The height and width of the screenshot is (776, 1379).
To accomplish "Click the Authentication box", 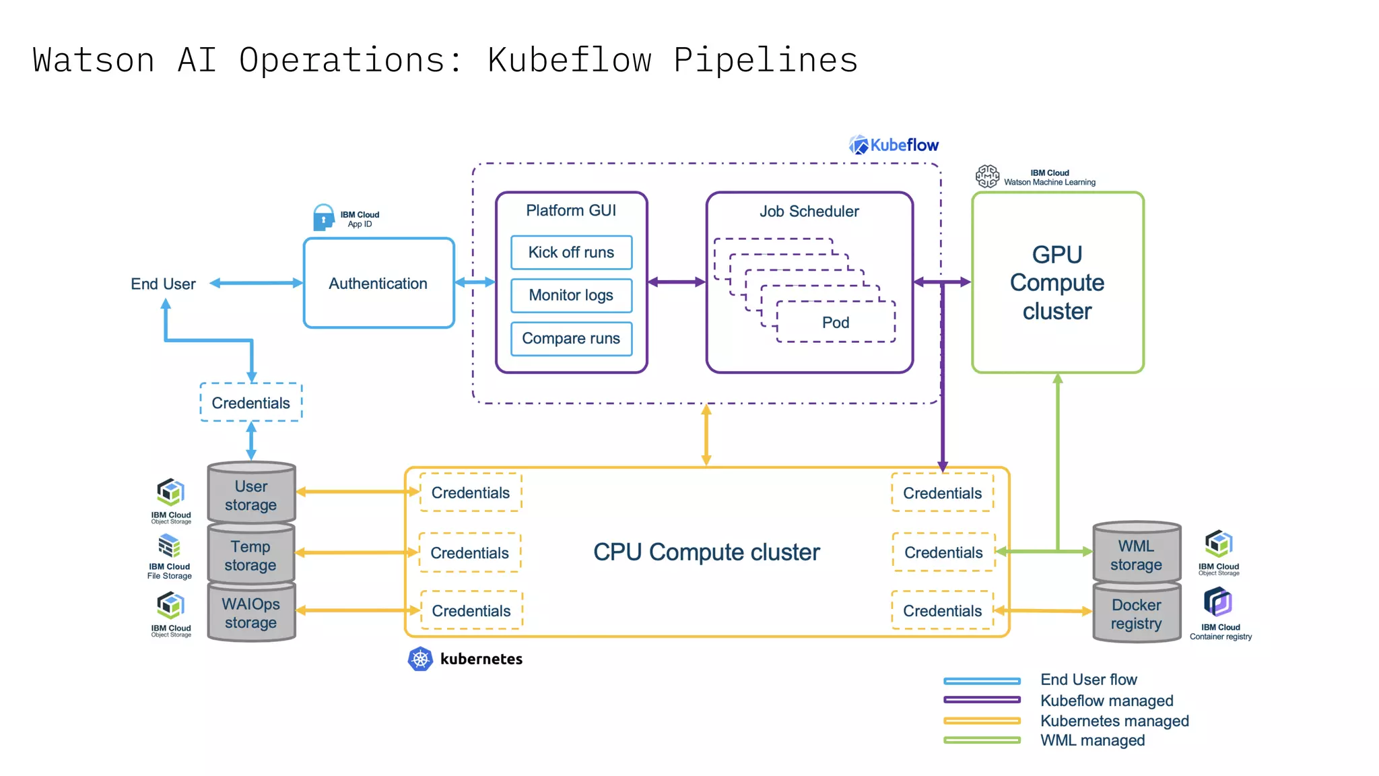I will pos(378,284).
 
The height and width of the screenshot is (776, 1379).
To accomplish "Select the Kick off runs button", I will pos(571,253).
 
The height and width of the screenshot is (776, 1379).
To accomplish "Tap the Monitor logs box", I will pos(571,296).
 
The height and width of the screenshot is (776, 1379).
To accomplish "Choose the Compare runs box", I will pos(571,339).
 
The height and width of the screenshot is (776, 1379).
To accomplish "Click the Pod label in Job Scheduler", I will pos(835,323).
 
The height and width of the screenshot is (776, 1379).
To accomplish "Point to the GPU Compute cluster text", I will pos(1057,283).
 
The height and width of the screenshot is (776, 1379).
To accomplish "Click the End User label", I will pos(163,284).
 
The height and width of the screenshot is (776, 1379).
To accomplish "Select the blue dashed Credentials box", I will pos(251,403).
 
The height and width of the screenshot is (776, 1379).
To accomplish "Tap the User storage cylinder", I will pos(251,495).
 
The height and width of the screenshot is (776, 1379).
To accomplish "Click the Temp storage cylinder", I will pos(251,556).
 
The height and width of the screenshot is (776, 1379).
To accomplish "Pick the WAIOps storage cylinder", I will pos(251,613).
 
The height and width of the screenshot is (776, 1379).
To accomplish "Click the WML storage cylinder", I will pos(1136,555).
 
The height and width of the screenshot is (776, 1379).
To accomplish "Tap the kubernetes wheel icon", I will pos(420,659).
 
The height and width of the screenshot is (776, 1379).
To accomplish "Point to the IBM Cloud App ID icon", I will pos(324,218).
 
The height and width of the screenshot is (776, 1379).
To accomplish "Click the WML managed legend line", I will pos(982,740).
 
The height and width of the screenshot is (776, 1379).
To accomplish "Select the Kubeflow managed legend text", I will pos(1106,701).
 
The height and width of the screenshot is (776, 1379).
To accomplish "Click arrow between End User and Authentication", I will pos(257,284).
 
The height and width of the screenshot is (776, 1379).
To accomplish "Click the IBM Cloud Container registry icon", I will pos(1217,602).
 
